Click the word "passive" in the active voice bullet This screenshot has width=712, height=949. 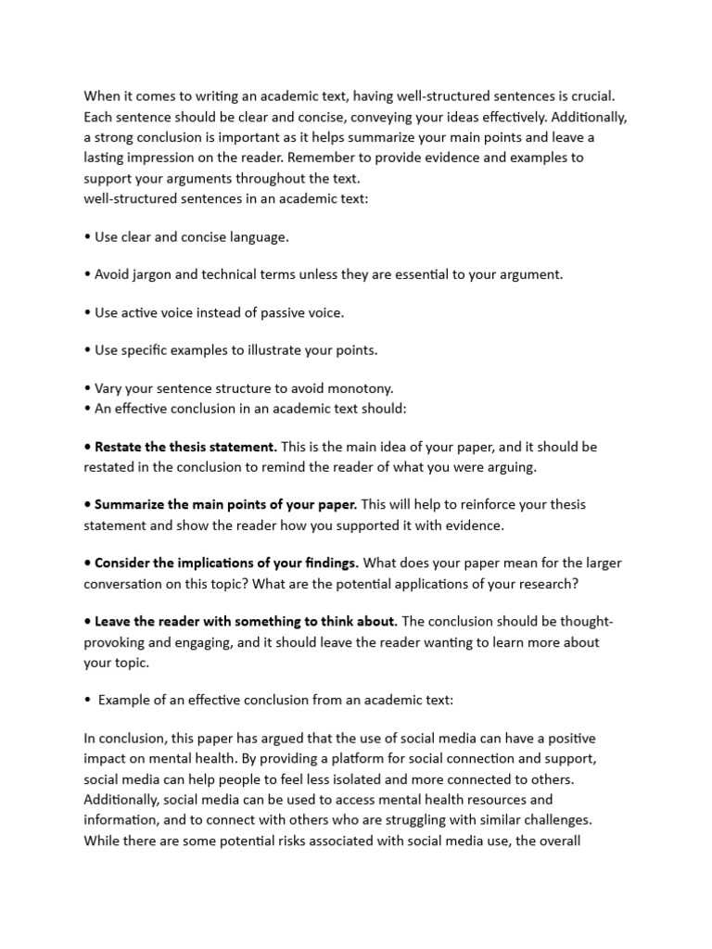tap(280, 312)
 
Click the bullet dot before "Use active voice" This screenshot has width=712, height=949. tap(87, 312)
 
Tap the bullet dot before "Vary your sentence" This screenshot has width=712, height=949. tap(87, 388)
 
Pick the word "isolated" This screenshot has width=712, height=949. tap(384, 778)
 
